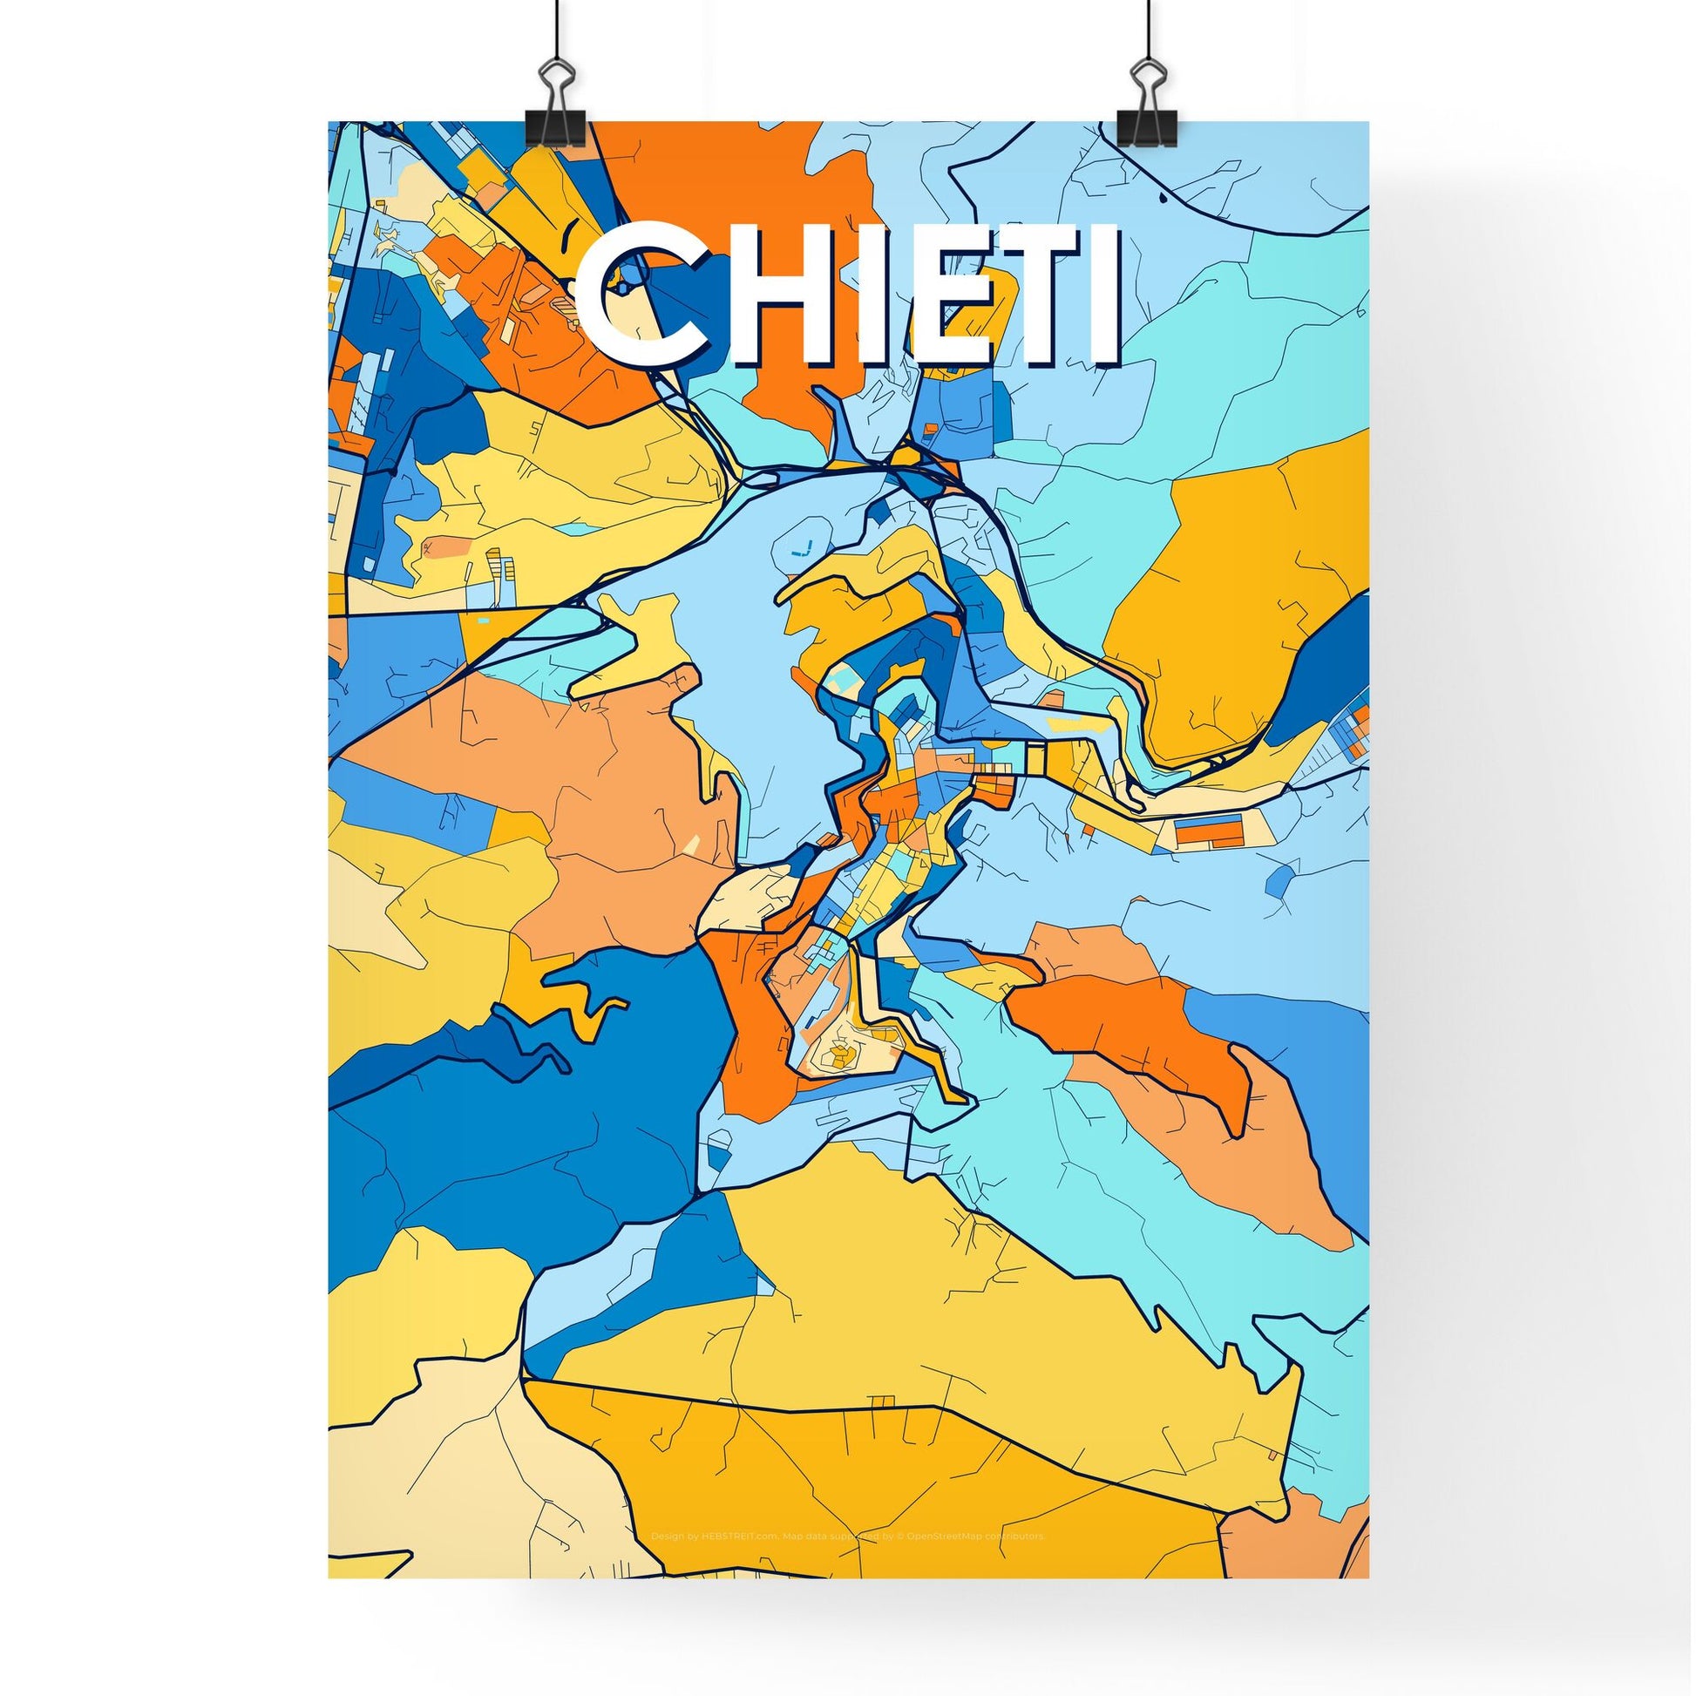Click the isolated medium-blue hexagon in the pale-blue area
1282,878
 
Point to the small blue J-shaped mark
801,551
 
